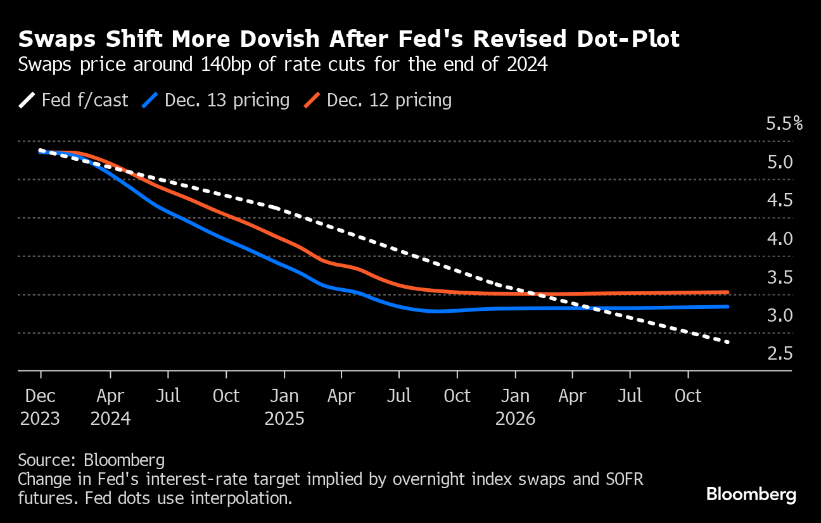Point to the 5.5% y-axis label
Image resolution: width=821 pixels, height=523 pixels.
pos(784,123)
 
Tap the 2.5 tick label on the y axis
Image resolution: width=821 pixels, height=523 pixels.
pos(780,353)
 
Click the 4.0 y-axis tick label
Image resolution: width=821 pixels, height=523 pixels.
pos(780,239)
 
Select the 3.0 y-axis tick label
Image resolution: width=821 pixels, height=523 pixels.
pos(780,315)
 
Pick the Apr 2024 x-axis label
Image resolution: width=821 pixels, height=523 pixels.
pos(111,407)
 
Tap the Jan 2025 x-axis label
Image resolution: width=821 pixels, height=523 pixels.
pos(284,407)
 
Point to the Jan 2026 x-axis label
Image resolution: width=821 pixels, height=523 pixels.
pos(516,407)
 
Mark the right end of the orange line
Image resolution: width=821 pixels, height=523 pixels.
pos(728,292)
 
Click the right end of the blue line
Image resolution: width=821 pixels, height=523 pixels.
pos(728,306)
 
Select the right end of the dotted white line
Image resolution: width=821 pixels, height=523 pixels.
pos(728,342)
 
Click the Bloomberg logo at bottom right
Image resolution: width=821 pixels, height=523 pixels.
pos(751,495)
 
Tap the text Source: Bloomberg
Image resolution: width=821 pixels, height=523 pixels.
pos(91,460)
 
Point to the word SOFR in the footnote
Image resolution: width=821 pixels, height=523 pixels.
pos(620,479)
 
